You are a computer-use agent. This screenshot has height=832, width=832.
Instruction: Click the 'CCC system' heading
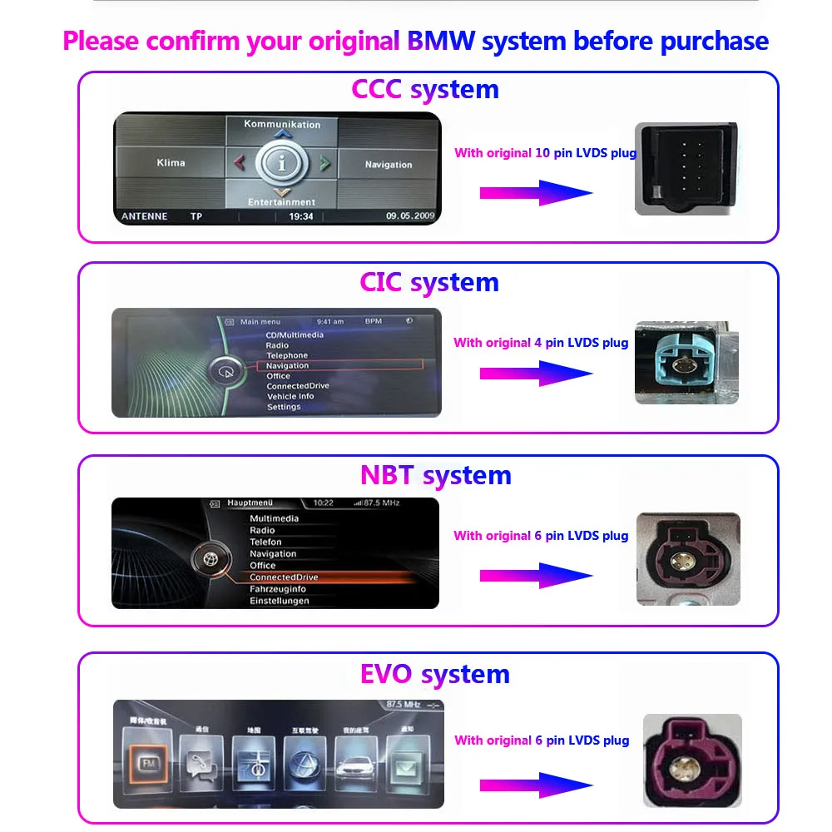(x=424, y=89)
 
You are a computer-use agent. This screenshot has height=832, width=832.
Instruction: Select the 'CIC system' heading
(x=428, y=282)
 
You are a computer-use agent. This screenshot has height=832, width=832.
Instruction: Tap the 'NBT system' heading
(x=435, y=475)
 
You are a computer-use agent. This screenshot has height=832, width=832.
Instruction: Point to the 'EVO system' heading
(x=434, y=673)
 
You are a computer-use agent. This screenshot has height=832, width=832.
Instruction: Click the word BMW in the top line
(x=441, y=41)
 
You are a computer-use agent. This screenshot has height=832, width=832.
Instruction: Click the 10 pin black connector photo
(x=687, y=169)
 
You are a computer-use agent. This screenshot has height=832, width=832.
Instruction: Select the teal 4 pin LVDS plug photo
(x=687, y=363)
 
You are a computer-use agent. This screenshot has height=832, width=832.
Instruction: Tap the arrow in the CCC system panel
(x=536, y=193)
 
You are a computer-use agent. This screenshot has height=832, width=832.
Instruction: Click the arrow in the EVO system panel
(x=536, y=784)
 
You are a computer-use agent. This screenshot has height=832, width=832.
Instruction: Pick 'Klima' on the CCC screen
(x=171, y=163)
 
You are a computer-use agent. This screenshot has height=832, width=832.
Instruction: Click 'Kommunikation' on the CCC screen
(x=282, y=124)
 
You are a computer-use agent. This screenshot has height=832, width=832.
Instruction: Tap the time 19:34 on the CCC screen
(x=301, y=216)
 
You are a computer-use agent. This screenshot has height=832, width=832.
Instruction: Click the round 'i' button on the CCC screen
(x=282, y=163)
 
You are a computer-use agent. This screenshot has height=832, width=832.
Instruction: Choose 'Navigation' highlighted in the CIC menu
(x=287, y=365)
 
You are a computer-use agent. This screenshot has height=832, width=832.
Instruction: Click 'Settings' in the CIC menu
(x=284, y=407)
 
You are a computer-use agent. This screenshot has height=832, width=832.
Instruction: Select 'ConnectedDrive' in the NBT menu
(x=284, y=577)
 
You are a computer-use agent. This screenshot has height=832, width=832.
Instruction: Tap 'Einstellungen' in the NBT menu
(x=279, y=601)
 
